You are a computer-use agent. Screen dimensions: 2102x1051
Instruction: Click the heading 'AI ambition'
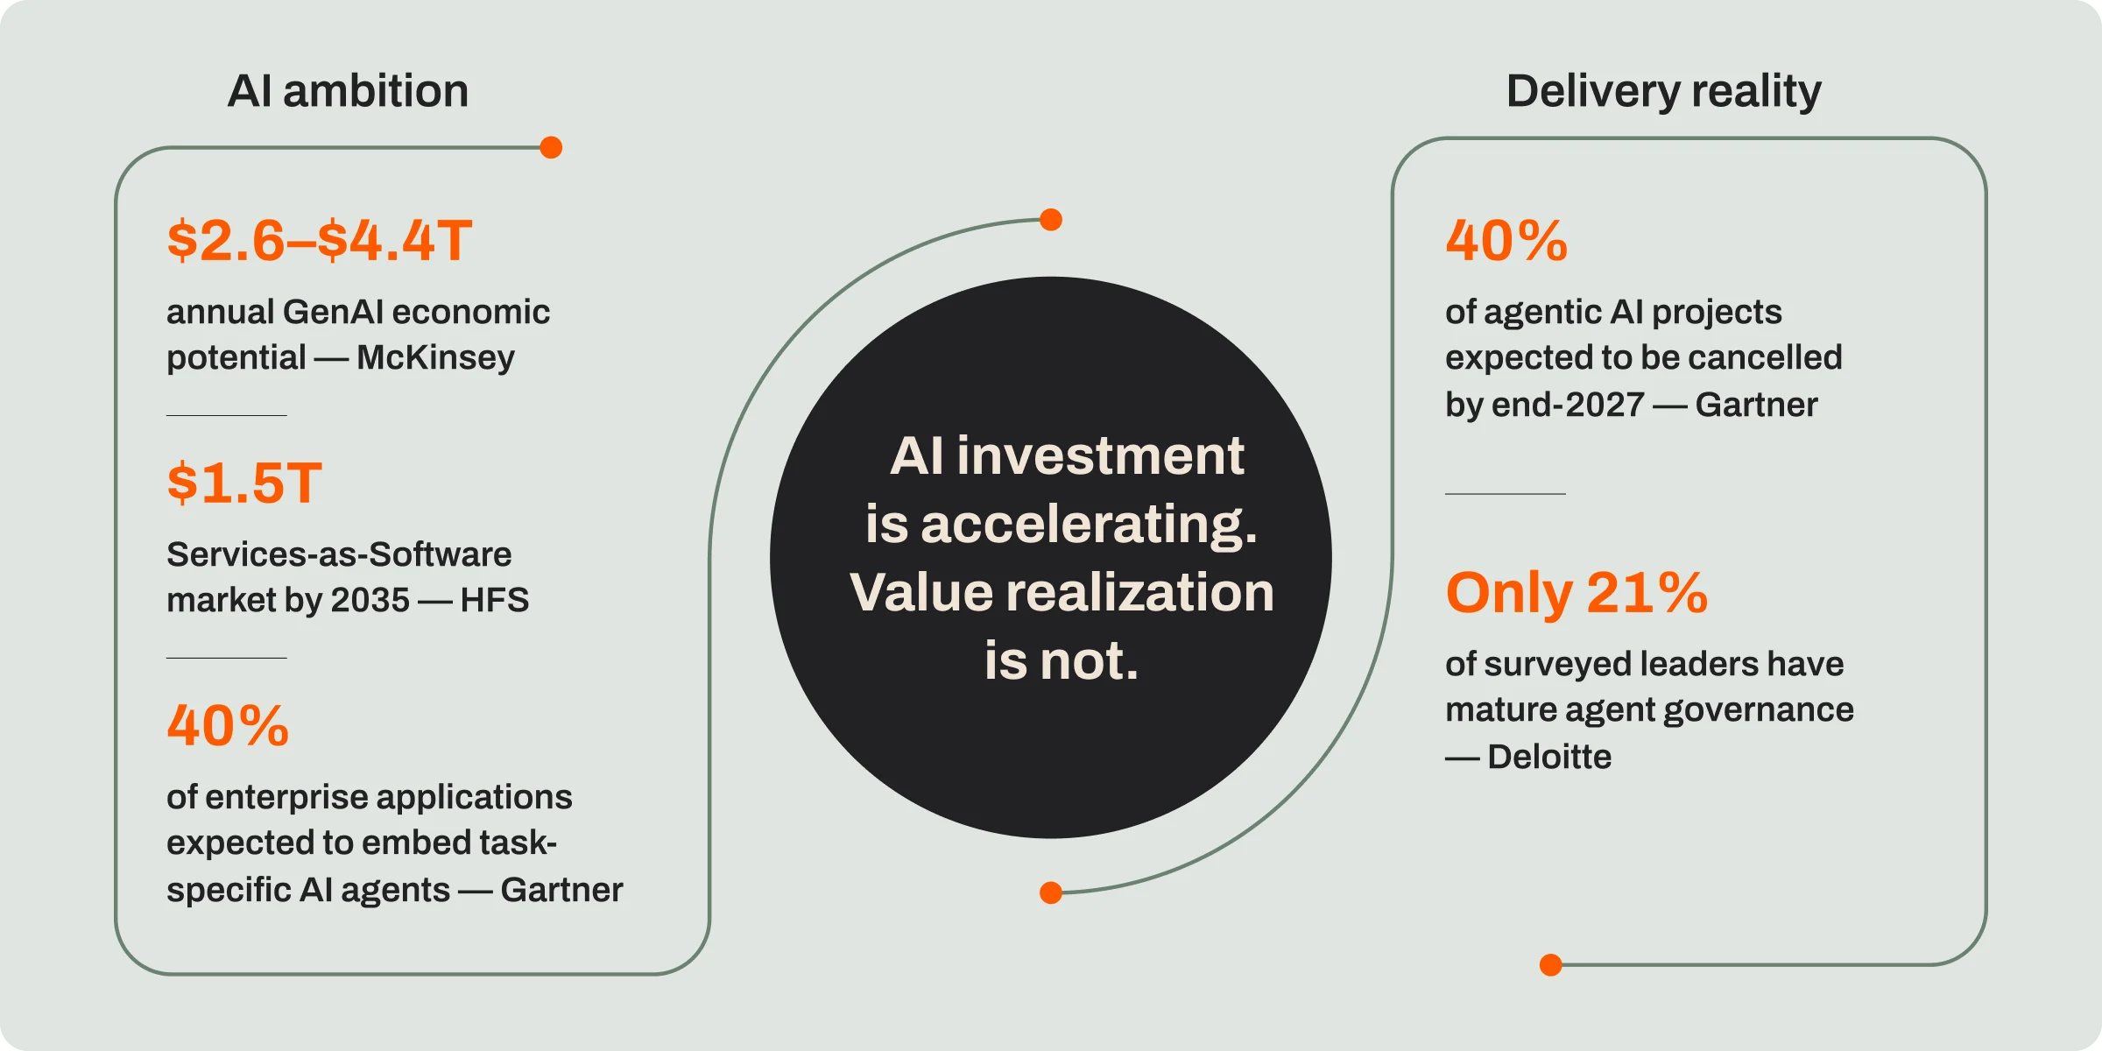pos(348,91)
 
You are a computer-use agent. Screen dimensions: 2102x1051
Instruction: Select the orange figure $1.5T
pos(244,483)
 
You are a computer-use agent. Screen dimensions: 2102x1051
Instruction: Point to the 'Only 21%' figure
pos(1576,593)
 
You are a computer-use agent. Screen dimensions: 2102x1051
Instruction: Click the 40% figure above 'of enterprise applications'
pos(228,726)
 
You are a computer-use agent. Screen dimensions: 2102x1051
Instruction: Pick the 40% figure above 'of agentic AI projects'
pos(1506,241)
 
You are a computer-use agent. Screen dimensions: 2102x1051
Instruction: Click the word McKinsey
pos(435,357)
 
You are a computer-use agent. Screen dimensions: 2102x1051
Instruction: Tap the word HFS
pos(495,601)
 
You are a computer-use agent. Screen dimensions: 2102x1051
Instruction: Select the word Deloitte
pos(1549,757)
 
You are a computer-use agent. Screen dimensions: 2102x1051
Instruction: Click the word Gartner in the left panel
pos(561,890)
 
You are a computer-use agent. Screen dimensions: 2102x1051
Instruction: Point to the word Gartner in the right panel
pos(1756,405)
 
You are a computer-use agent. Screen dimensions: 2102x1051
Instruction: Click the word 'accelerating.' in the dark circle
pos(1089,525)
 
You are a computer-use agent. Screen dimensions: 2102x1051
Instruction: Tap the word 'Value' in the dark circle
pos(921,592)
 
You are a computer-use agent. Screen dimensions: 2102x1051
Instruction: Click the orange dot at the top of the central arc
pos(1051,220)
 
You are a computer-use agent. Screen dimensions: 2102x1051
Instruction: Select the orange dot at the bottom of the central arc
pos(1051,892)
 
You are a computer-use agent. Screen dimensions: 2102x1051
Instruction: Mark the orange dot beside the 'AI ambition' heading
pos(551,147)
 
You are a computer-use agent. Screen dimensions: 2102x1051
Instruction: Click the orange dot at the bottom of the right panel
pos(1551,965)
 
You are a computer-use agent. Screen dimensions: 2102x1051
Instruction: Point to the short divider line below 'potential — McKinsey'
pos(227,415)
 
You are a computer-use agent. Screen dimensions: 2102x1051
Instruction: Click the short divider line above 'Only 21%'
pos(1506,494)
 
